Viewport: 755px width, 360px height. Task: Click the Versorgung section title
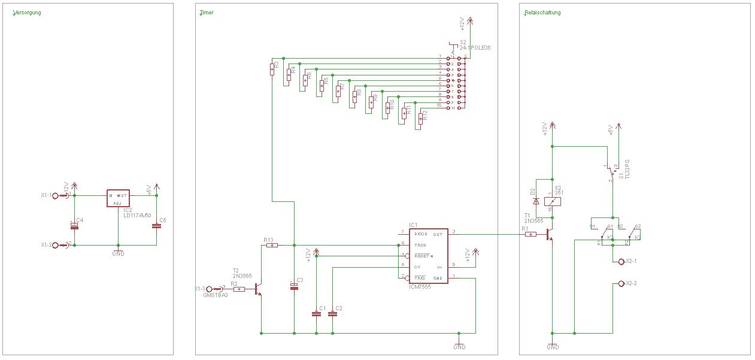(x=27, y=13)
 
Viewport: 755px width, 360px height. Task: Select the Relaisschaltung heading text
(x=542, y=13)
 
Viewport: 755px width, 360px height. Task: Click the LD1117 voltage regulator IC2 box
(x=118, y=198)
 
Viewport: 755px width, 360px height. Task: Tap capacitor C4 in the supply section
(x=74, y=225)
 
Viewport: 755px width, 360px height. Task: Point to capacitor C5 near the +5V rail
(x=156, y=225)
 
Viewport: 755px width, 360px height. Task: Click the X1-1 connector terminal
(x=56, y=195)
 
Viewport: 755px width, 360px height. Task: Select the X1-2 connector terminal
(x=56, y=245)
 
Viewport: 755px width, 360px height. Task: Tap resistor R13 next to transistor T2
(x=271, y=245)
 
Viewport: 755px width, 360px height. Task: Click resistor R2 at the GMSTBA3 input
(x=239, y=289)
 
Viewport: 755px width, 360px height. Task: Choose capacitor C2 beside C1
(x=332, y=313)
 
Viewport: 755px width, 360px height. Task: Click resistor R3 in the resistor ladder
(x=272, y=69)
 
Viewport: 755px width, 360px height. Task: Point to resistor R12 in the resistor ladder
(x=420, y=119)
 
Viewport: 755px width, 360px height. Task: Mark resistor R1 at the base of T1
(x=530, y=235)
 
